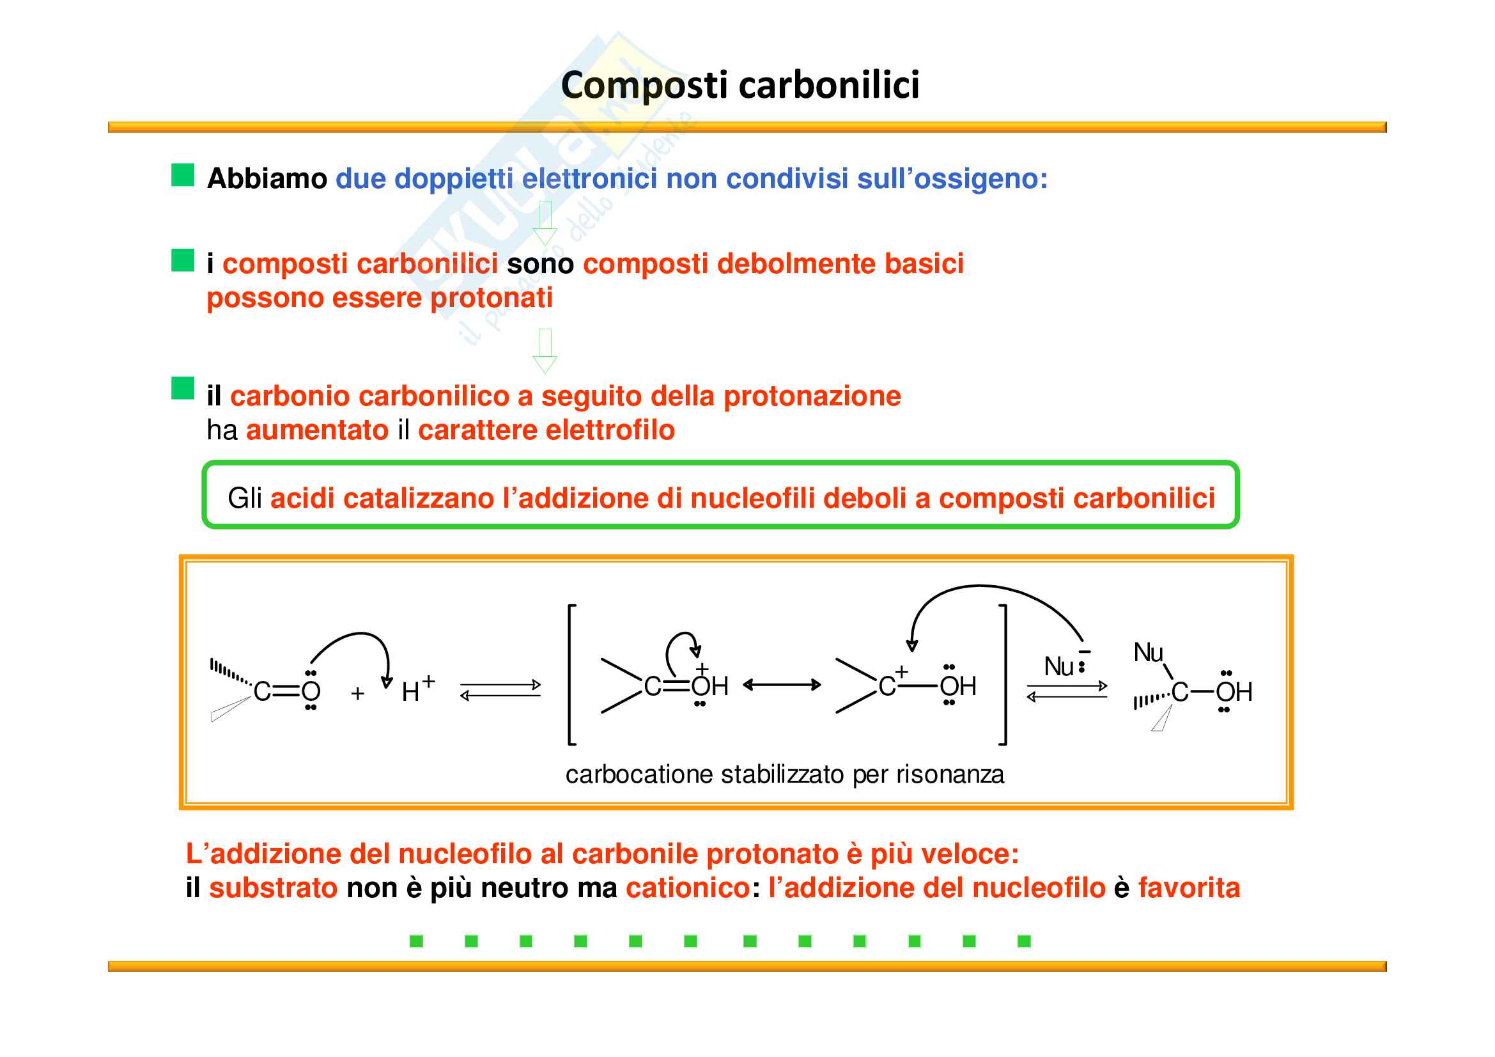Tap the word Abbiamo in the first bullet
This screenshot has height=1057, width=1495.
[267, 178]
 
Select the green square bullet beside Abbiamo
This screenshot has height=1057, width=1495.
[183, 175]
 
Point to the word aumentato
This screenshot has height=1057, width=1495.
[317, 430]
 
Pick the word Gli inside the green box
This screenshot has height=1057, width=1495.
[245, 499]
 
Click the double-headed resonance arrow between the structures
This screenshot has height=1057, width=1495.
[781, 684]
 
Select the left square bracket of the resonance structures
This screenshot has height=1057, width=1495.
[571, 675]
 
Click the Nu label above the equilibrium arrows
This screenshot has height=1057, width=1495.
[1058, 667]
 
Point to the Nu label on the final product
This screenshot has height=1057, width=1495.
[1148, 653]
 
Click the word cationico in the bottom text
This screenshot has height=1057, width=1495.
[688, 888]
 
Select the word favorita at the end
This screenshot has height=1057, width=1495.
[1189, 888]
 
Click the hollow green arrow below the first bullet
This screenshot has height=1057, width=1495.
[545, 223]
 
